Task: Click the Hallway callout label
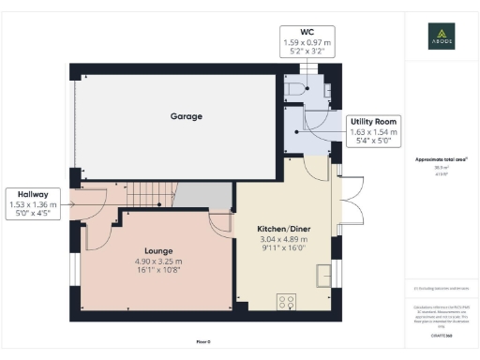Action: [32, 194]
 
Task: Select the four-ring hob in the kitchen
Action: [287, 302]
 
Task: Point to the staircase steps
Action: [150, 197]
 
